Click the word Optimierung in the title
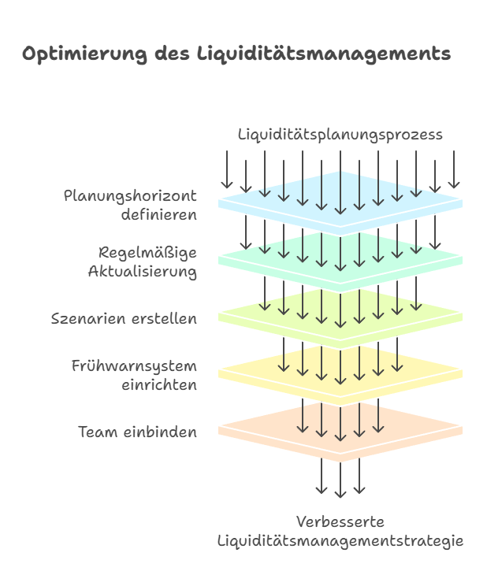pyautogui.click(x=84, y=54)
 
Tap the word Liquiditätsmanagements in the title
pyautogui.click(x=324, y=54)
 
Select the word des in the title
pyautogui.click(x=172, y=54)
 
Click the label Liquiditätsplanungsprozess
pyautogui.click(x=340, y=135)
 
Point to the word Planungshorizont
pyautogui.click(x=130, y=196)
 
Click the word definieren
pyautogui.click(x=159, y=214)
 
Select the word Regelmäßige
pyautogui.click(x=147, y=253)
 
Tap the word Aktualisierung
pyautogui.click(x=143, y=272)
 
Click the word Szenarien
pyautogui.click(x=89, y=319)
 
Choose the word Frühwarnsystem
pyautogui.click(x=134, y=366)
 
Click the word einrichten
pyautogui.click(x=159, y=385)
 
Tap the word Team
pyautogui.click(x=98, y=432)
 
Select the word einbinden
pyautogui.click(x=160, y=432)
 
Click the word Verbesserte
pyautogui.click(x=340, y=521)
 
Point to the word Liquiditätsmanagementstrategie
pyautogui.click(x=340, y=541)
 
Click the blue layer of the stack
pyautogui.click(x=340, y=204)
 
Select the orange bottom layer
pyautogui.click(x=340, y=431)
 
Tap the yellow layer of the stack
pyautogui.click(x=340, y=373)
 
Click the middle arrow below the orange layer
pyautogui.click(x=340, y=480)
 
